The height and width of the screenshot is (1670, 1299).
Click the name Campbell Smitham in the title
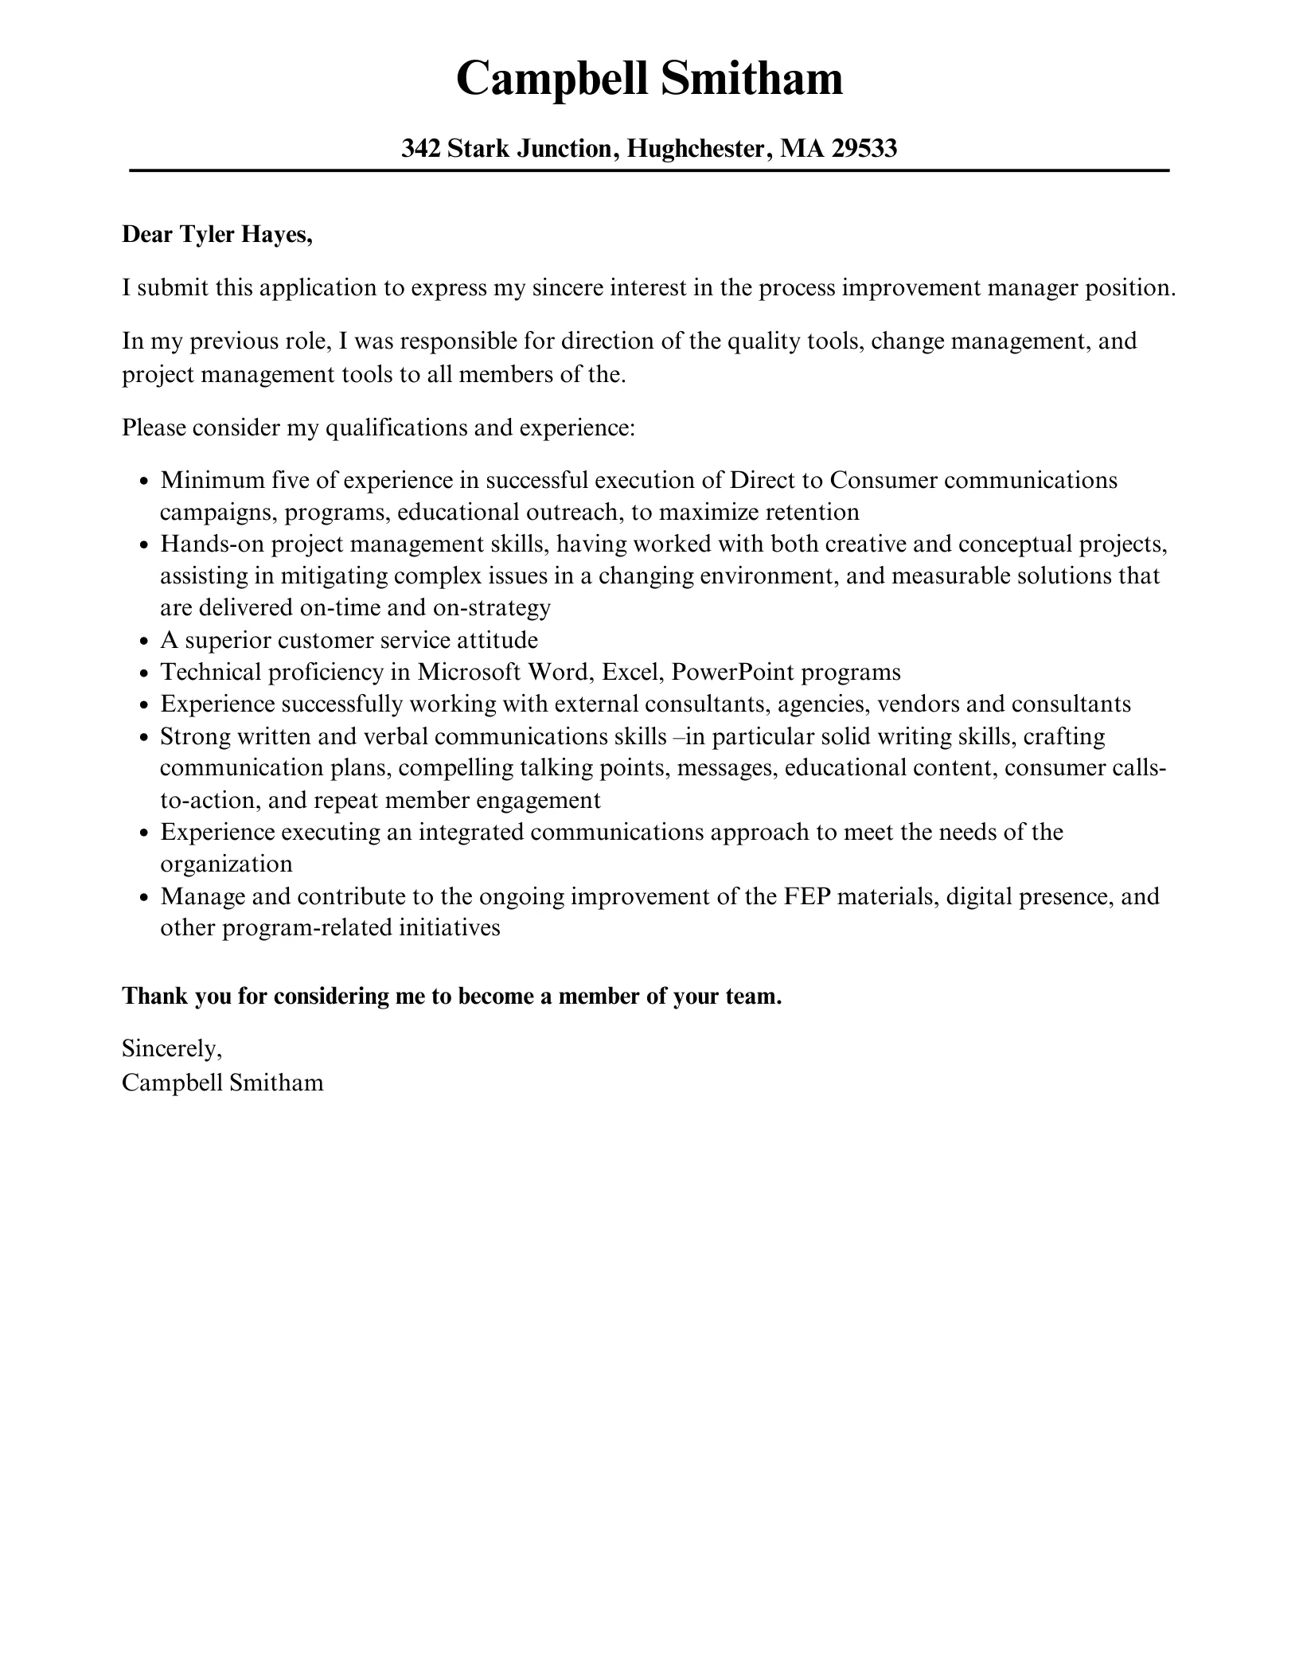tap(649, 80)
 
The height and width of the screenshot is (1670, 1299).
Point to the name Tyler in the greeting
tap(204, 235)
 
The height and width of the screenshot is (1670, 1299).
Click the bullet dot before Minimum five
tap(143, 482)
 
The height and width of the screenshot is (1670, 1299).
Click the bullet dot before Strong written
tap(143, 738)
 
